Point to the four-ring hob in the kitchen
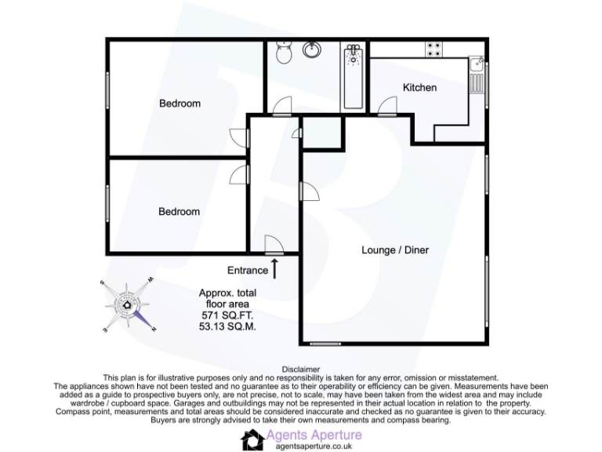coord(433,49)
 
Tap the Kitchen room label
coord(419,87)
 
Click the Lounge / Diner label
coord(395,250)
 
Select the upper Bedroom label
coord(180,103)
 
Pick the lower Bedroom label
coord(180,211)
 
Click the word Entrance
coord(248,271)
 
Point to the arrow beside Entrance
coord(275,268)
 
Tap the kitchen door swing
coord(387,107)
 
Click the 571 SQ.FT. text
coord(227,315)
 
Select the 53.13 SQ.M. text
coord(228,326)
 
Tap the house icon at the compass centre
coord(126,306)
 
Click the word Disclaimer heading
coord(301,369)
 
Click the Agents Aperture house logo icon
coord(252,439)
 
